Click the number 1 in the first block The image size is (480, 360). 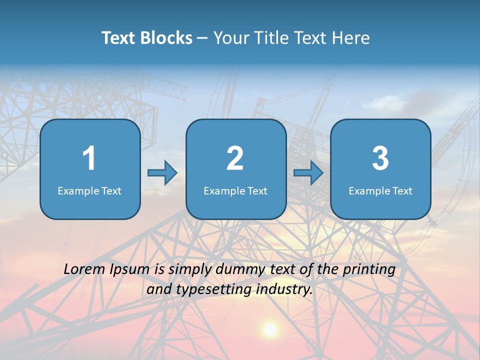point(89,158)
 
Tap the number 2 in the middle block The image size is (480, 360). point(235,158)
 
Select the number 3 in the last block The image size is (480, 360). point(380,158)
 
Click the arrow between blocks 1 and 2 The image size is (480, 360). point(162,173)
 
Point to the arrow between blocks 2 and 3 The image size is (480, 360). point(308,173)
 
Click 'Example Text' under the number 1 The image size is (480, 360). point(89,190)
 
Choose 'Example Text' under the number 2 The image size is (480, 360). point(235,190)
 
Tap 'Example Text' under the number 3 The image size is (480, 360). point(380,190)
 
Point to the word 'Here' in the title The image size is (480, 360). point(351,38)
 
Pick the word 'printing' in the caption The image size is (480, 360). point(369,270)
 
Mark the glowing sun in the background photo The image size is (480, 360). point(270,329)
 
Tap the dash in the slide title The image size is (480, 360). point(202,38)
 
